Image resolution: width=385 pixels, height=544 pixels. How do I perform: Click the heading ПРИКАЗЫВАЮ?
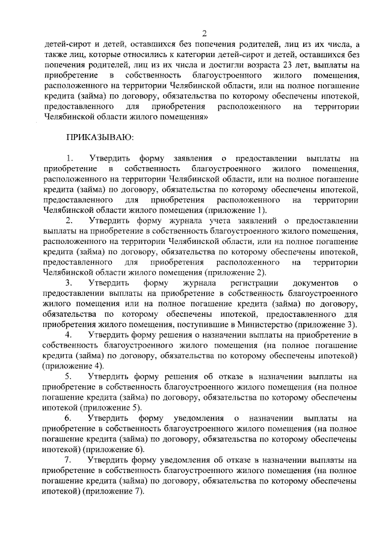100,138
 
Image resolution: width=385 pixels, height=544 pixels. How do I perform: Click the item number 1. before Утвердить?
70,159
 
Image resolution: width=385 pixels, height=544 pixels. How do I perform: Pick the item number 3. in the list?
70,283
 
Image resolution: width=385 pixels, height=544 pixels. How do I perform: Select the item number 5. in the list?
70,376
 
